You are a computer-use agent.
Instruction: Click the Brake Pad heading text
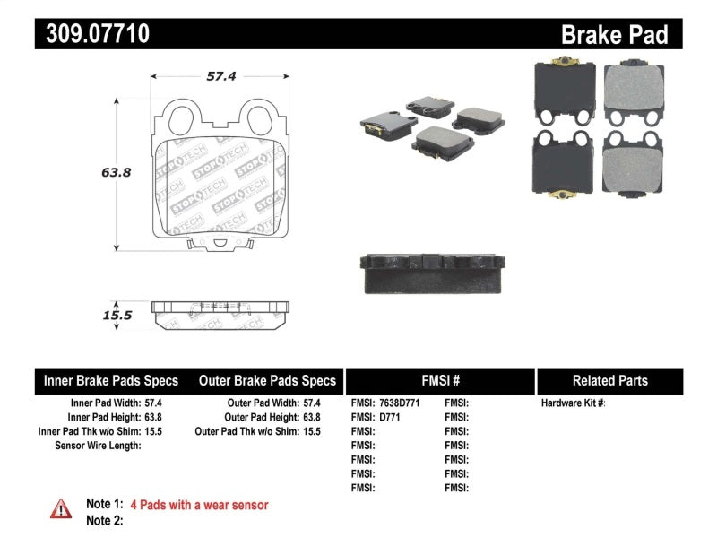pos(614,34)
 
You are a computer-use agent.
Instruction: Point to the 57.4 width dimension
pos(220,76)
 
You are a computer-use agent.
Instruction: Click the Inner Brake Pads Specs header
pos(111,380)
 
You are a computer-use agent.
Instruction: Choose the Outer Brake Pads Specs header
pos(266,380)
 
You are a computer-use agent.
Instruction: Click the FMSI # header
pos(440,380)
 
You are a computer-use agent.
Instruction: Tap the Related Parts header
pos(609,380)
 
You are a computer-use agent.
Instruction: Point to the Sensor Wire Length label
pos(98,446)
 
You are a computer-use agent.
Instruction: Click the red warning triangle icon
pos(60,508)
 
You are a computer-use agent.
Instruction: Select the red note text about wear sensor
pos(199,505)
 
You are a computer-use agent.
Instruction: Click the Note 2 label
pos(104,521)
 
